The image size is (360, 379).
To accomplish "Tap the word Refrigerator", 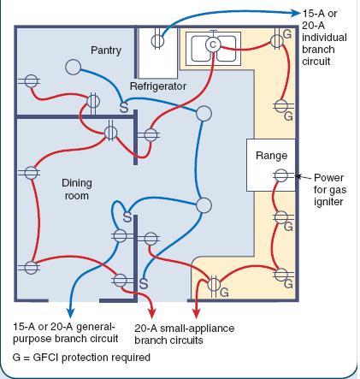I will (x=157, y=87).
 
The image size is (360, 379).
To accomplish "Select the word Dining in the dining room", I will (x=77, y=183).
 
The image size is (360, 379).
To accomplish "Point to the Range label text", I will (x=271, y=157).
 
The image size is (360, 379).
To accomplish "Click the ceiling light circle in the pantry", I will (x=74, y=67).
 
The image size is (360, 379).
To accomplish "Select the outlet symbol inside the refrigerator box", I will (x=157, y=39).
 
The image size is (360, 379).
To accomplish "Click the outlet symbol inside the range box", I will (x=280, y=175).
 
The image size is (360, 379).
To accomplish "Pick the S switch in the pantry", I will (x=123, y=109).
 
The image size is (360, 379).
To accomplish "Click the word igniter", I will (x=328, y=202).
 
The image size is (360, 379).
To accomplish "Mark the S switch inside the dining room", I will (x=127, y=219).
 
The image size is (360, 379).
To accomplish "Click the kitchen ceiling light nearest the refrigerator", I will (x=203, y=114).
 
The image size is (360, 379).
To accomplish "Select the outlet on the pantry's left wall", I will (x=29, y=83).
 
